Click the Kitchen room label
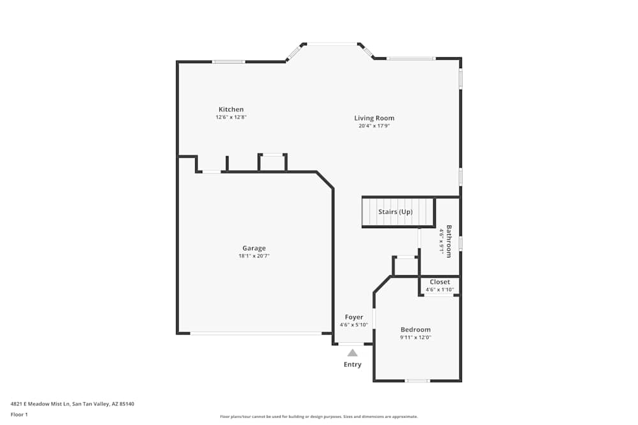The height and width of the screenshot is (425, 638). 231,110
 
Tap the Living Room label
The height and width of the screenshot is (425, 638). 375,118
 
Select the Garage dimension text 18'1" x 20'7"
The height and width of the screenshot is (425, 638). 254,256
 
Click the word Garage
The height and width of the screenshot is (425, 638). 254,248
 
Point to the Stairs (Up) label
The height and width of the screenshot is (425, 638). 396,212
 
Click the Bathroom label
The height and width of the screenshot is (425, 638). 449,241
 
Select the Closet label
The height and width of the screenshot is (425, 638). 440,282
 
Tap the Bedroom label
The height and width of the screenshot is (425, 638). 415,329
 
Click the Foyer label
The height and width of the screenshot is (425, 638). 354,317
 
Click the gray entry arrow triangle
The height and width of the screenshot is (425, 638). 353,352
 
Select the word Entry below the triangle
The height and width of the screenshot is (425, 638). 353,364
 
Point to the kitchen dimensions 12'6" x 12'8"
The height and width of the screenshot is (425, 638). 231,117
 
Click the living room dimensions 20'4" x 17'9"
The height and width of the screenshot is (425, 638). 375,126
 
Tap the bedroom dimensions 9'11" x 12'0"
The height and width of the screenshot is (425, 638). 415,338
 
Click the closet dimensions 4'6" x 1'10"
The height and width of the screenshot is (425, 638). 440,290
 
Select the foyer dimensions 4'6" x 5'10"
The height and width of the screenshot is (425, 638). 354,325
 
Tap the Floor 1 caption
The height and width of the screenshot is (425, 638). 19,414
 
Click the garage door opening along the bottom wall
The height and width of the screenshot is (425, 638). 256,333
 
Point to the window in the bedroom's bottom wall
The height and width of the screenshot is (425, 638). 418,381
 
